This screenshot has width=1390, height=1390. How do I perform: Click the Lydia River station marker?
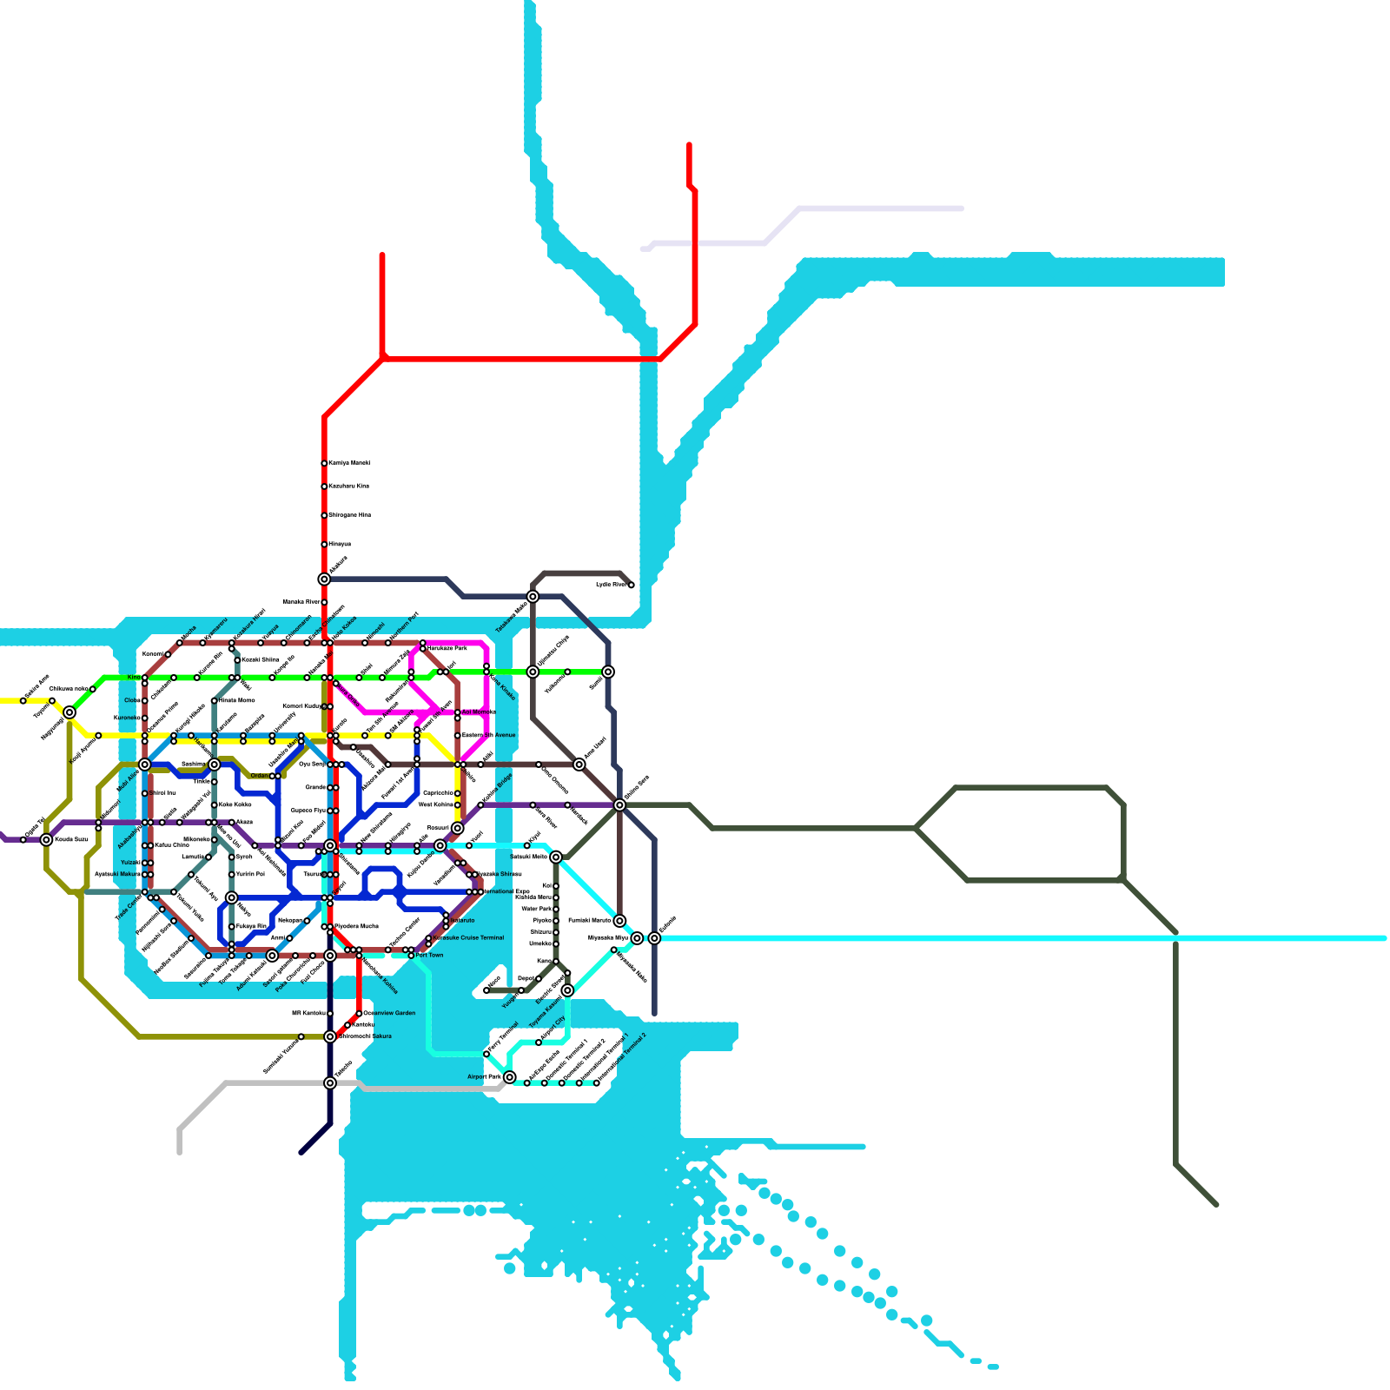(x=631, y=586)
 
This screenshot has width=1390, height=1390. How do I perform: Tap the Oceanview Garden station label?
(x=389, y=1013)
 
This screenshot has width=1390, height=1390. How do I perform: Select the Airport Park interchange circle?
(x=510, y=1077)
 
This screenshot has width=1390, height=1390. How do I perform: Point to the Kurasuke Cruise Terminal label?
(x=468, y=938)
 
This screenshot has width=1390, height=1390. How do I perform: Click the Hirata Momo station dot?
(x=215, y=701)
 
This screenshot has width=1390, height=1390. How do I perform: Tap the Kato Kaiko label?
(x=235, y=805)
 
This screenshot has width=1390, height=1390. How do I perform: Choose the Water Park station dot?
(x=556, y=910)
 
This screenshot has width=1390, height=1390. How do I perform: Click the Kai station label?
(x=546, y=886)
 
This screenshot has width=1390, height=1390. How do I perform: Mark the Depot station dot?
(x=539, y=979)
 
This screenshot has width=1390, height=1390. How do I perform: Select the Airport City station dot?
(x=539, y=1042)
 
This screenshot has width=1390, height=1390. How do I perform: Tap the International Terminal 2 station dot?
(x=597, y=1083)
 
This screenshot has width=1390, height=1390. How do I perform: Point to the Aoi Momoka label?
(x=479, y=712)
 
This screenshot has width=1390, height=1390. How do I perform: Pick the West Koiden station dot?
(x=458, y=805)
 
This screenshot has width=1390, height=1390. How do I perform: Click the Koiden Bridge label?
(x=497, y=788)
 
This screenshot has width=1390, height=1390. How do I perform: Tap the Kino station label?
(x=134, y=678)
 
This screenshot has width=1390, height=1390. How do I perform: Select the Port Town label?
(x=429, y=956)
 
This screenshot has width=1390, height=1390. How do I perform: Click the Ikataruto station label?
(x=462, y=921)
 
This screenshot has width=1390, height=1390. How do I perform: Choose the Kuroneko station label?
(x=126, y=718)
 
